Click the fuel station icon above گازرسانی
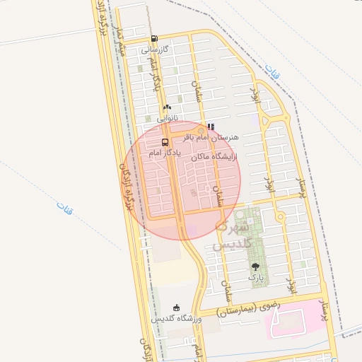tap(154, 39)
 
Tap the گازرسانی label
tap(154, 50)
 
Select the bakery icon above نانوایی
tap(168, 106)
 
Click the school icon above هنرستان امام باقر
tap(210, 127)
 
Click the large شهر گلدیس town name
tap(231, 236)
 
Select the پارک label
tap(255, 278)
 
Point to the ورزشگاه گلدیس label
tap(177, 319)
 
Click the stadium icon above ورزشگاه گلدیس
tap(176, 308)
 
